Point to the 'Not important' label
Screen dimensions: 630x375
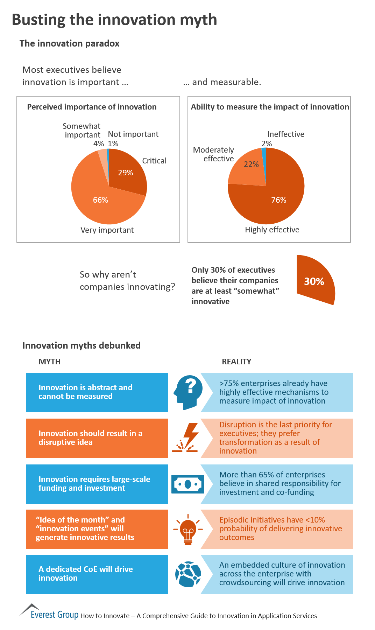coord(133,134)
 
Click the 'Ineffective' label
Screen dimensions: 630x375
coord(285,134)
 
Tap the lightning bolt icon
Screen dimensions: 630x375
coord(187,438)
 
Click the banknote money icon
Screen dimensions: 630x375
coord(187,484)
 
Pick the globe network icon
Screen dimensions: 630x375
coord(188,574)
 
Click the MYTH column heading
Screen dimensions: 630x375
coord(49,362)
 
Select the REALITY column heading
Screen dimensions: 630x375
coord(236,362)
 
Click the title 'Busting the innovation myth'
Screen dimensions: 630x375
coord(114,20)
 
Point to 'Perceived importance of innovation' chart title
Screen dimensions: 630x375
coord(92,107)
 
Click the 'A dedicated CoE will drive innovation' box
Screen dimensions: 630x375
coord(97,574)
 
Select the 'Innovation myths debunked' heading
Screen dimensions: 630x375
coord(82,345)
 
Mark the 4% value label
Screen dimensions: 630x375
coord(98,143)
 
